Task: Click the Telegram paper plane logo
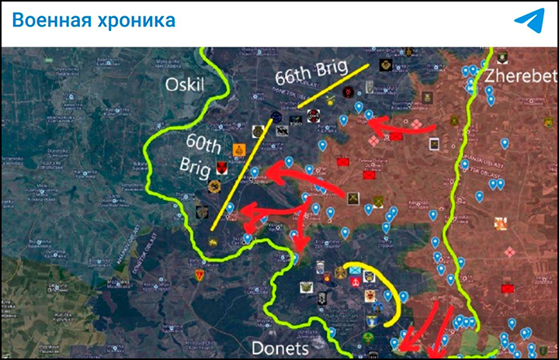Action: (529, 21)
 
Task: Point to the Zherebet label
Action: (521, 76)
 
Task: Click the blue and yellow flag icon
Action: (355, 269)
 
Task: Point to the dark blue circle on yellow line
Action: (276, 117)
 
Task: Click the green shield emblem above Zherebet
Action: (502, 57)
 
